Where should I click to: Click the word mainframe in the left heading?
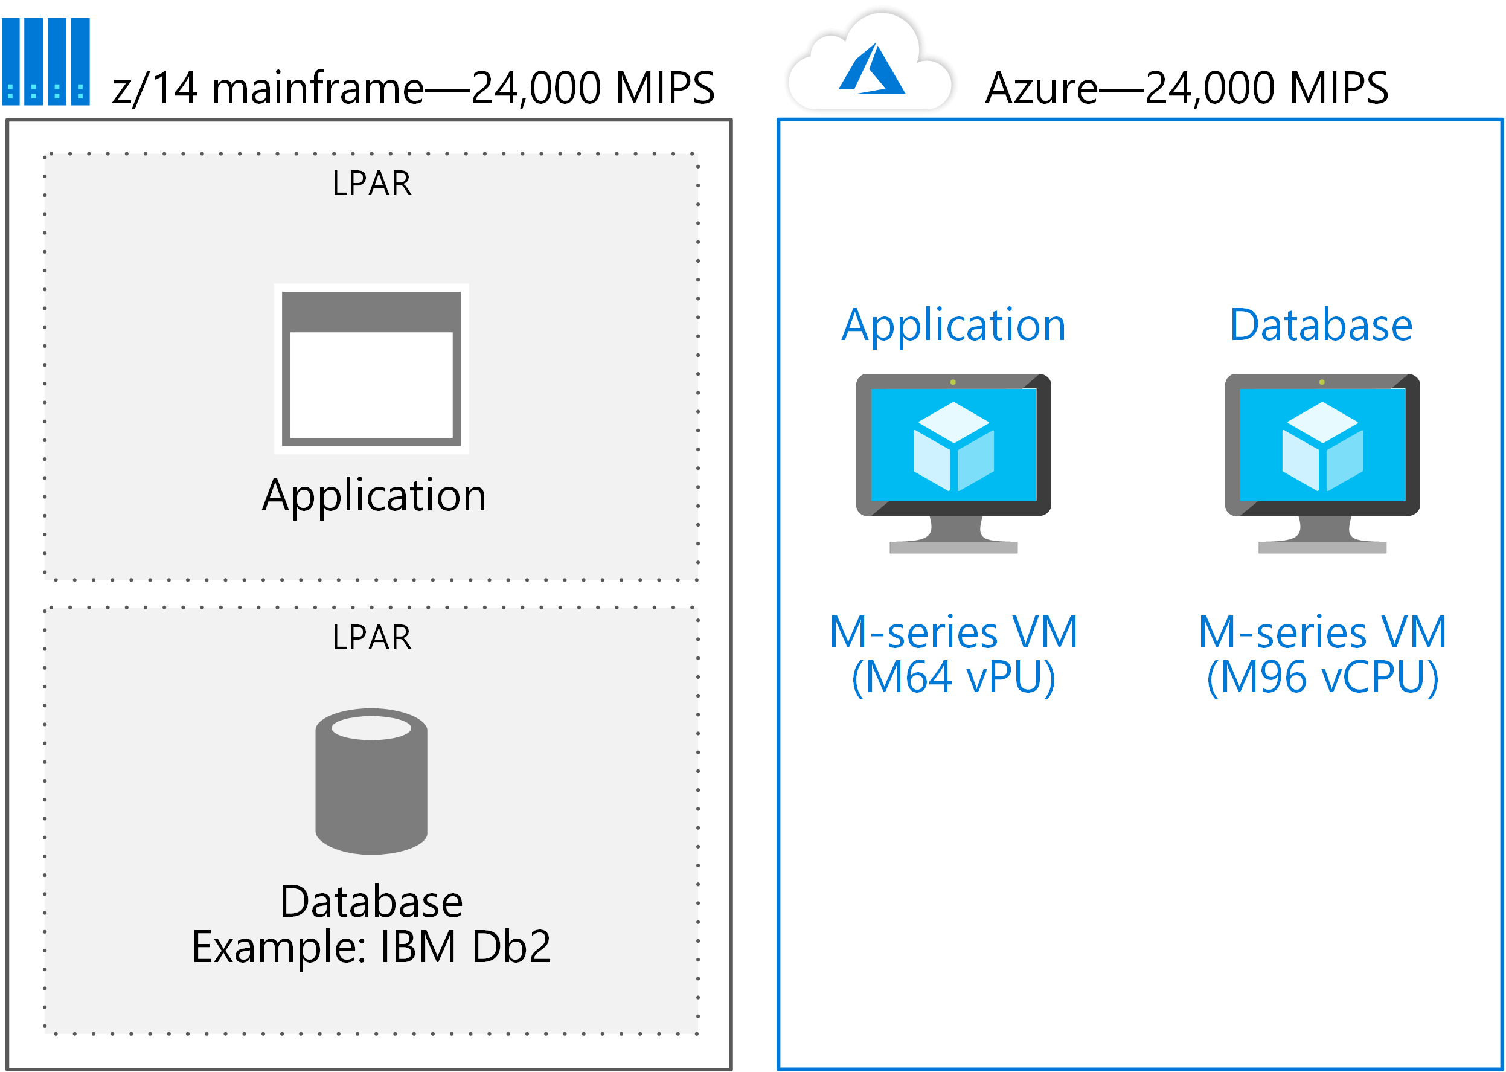tap(317, 88)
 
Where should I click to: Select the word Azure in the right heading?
tap(1041, 88)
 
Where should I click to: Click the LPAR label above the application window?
tap(371, 184)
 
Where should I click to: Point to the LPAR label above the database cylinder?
tap(371, 638)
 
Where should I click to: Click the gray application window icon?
tap(371, 369)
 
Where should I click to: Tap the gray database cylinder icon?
tap(371, 782)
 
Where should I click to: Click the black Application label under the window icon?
tap(374, 496)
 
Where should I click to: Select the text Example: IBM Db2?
tap(371, 947)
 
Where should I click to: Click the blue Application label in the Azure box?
tap(953, 326)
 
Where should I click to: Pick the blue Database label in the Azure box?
tap(1321, 326)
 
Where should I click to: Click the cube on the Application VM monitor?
tap(953, 446)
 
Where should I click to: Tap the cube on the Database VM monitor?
tap(1322, 446)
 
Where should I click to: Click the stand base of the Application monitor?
tap(953, 547)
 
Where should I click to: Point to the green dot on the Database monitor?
tap(1321, 382)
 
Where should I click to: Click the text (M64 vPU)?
tap(953, 678)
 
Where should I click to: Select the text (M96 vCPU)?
tap(1322, 678)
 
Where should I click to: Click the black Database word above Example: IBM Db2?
tap(371, 902)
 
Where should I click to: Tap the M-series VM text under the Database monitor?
tap(1322, 632)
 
